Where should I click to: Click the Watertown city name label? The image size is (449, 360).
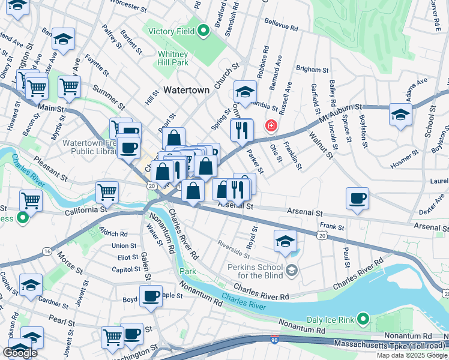tap(187, 90)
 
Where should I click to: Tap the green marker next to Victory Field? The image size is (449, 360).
tap(203, 28)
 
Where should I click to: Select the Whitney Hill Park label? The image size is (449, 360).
tap(173, 58)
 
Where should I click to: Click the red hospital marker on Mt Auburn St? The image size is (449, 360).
tap(271, 125)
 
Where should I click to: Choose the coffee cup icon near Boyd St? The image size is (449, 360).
tap(151, 296)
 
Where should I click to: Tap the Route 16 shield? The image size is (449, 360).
tap(47, 252)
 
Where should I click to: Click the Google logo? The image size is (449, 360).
tap(20, 353)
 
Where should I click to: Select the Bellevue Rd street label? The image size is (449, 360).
tap(282, 28)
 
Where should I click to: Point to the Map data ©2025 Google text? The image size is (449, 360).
tap(411, 355)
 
